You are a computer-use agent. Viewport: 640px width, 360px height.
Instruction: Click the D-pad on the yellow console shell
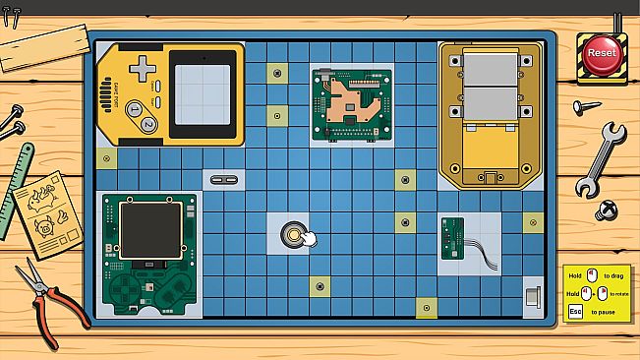click(x=145, y=68)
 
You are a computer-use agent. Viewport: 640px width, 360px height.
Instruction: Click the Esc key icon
click(x=576, y=312)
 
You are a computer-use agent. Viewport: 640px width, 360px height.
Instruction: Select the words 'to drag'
click(x=614, y=276)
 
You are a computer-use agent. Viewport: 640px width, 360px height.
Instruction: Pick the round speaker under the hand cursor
click(x=292, y=234)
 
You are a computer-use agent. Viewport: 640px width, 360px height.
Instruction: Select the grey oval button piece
click(x=218, y=179)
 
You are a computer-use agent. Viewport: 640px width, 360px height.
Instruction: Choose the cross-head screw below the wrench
click(x=607, y=210)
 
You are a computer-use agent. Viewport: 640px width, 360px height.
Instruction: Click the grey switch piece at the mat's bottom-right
click(x=532, y=298)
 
